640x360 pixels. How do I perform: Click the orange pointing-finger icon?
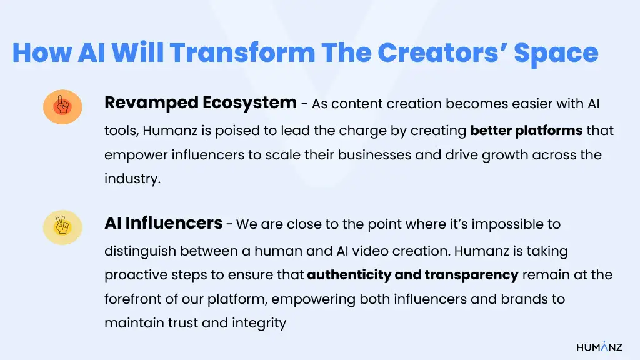(x=62, y=106)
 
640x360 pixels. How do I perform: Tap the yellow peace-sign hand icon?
(x=62, y=227)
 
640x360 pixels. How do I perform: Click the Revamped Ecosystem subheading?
(x=200, y=102)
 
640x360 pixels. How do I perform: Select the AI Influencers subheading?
(x=163, y=223)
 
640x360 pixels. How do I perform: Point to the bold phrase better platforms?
(x=526, y=131)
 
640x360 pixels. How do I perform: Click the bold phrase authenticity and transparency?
(x=412, y=275)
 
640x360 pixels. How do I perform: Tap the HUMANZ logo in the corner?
(x=599, y=347)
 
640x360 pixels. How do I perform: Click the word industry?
(x=132, y=179)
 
